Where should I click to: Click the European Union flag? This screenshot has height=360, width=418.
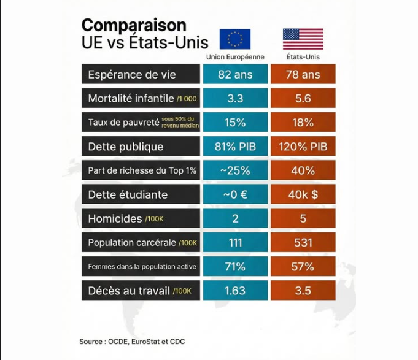click(235, 39)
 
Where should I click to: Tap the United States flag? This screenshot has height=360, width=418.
click(303, 39)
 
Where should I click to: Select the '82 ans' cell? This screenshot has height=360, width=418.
click(235, 74)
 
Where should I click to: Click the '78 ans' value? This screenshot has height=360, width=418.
click(303, 74)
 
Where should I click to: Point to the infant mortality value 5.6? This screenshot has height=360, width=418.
click(303, 98)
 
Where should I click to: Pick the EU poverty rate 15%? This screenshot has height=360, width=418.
click(235, 122)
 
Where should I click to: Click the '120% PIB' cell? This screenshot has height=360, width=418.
click(303, 147)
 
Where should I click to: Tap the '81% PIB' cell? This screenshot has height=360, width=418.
click(235, 147)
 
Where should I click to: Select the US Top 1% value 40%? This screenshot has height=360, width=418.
click(303, 170)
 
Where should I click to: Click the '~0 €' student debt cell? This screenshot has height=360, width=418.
click(235, 194)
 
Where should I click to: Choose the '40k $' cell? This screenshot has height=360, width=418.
click(303, 194)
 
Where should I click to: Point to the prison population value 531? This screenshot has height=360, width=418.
click(303, 242)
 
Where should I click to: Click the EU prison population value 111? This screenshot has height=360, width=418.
click(235, 242)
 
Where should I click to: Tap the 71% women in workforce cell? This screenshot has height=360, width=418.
click(235, 267)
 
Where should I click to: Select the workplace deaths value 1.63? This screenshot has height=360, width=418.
click(235, 291)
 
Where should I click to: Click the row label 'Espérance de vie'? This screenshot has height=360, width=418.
click(132, 74)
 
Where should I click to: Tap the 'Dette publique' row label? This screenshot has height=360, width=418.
click(126, 147)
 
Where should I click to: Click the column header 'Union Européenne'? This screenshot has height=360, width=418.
click(235, 57)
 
